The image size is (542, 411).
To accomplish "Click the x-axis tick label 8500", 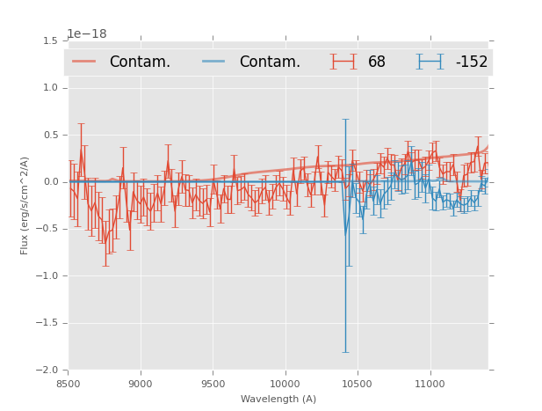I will tap(69, 384).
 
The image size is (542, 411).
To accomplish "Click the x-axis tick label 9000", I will tap(141, 384).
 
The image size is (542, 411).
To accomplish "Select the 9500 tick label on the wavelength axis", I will tap(213, 384).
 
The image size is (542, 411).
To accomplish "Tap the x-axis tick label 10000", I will tap(285, 384).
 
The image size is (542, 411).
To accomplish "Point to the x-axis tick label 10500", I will tap(358, 384).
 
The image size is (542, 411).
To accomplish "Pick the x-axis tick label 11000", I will tap(430, 384).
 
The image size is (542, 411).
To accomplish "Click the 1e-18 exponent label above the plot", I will tap(86, 34).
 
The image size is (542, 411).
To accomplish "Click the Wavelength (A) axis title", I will tap(278, 400).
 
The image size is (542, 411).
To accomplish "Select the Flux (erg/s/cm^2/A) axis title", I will tap(25, 205).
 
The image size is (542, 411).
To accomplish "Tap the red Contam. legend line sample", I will tap(83, 62).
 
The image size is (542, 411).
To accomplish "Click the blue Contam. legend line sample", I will tap(213, 62).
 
